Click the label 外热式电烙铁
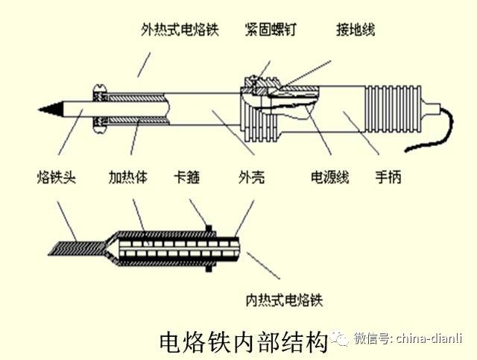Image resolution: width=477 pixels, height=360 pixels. (180, 31)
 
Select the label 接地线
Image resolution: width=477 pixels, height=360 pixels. (355, 31)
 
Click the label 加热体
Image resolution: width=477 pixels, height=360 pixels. (127, 178)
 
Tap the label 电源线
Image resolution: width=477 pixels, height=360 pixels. (329, 178)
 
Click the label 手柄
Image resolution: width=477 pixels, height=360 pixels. (390, 178)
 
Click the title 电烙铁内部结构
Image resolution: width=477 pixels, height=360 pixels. (244, 341)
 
